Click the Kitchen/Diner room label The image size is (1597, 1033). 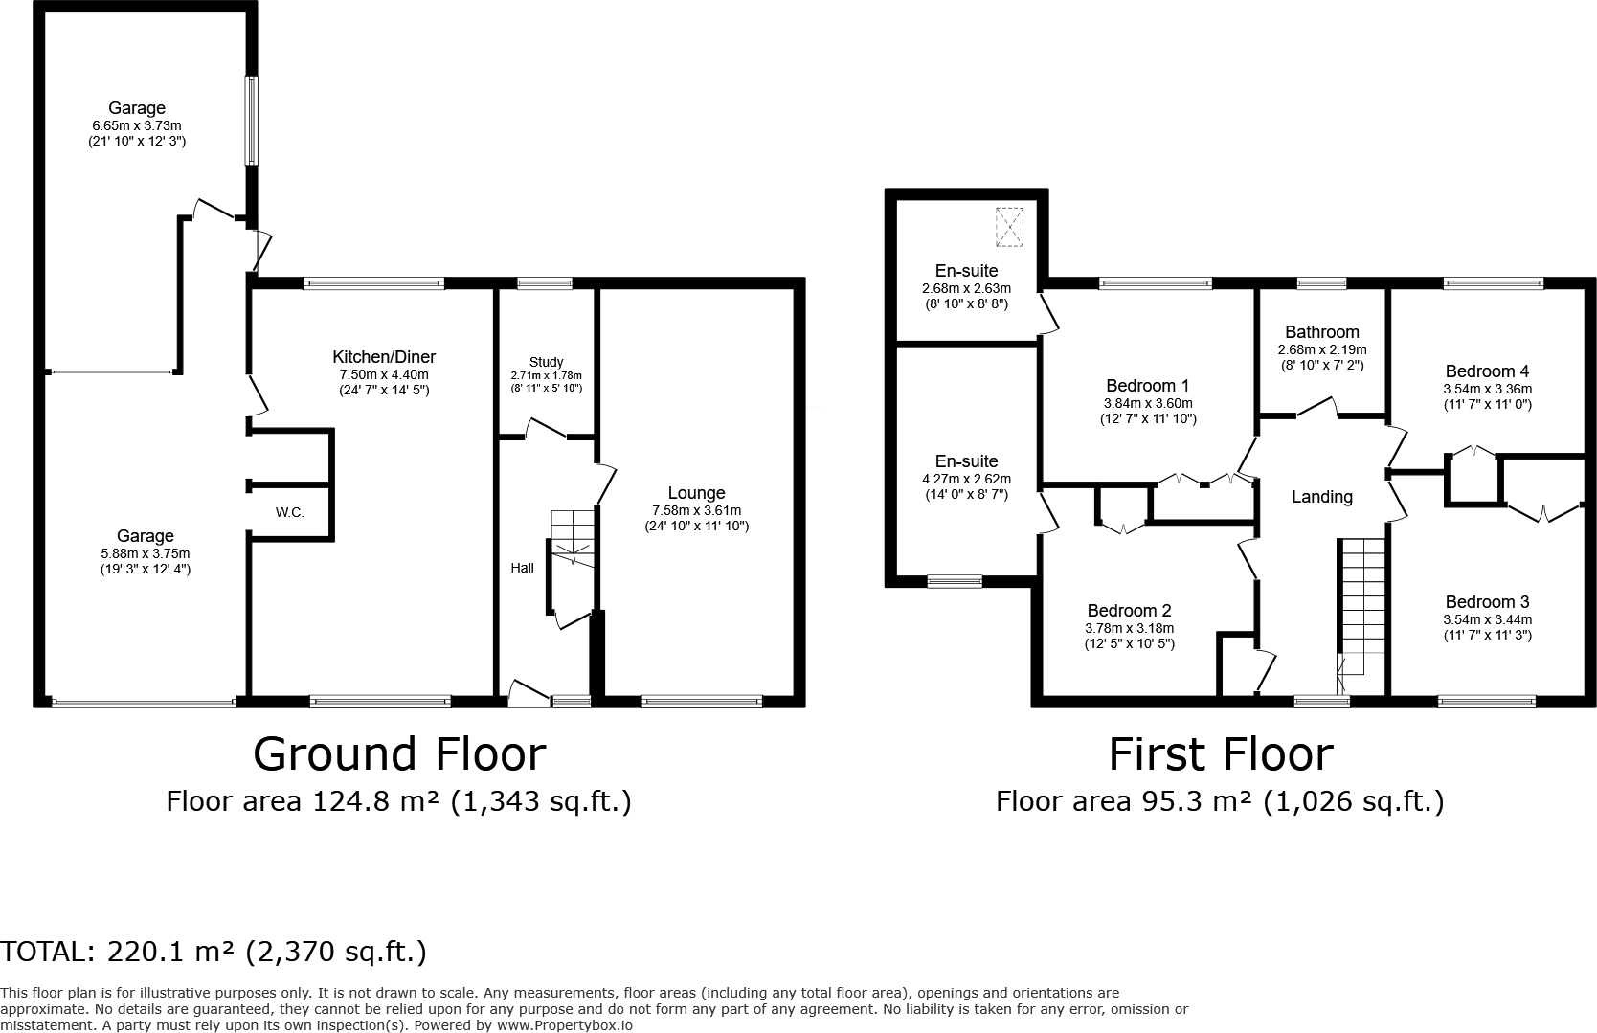[384, 356]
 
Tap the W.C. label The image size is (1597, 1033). [289, 512]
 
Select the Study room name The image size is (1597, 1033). [546, 362]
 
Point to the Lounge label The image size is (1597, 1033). [697, 493]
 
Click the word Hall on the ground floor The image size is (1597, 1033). [522, 568]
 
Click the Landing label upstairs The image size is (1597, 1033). [1322, 497]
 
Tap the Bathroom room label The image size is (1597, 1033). [1322, 331]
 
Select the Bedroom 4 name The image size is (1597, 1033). [1487, 371]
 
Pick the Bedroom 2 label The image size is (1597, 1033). [1130, 610]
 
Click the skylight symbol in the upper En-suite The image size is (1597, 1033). [1009, 227]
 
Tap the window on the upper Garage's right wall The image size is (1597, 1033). [251, 121]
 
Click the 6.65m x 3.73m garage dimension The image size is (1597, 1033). [137, 125]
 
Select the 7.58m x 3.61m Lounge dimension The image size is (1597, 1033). [697, 510]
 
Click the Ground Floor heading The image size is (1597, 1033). [399, 754]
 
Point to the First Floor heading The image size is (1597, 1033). [1221, 754]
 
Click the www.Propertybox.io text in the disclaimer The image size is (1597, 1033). [565, 1026]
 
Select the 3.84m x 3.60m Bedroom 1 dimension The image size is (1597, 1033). [1148, 403]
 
